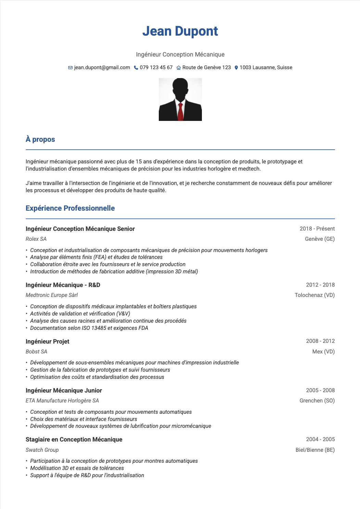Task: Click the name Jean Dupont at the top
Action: click(x=180, y=31)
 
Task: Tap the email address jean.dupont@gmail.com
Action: click(x=102, y=67)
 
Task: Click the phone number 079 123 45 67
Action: click(x=156, y=67)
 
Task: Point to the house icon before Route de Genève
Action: click(x=179, y=68)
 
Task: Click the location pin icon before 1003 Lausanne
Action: click(x=236, y=68)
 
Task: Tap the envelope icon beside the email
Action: click(x=70, y=68)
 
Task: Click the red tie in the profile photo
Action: click(x=180, y=112)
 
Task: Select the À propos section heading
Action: click(x=40, y=139)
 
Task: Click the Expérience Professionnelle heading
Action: click(x=70, y=208)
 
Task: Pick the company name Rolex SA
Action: click(x=36, y=239)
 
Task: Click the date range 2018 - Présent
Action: click(x=317, y=229)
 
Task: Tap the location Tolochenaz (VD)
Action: click(x=314, y=295)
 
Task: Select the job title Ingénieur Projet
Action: click(x=48, y=342)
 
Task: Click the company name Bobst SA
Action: click(x=36, y=352)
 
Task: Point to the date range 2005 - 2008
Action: click(x=320, y=390)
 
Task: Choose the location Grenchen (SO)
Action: click(x=317, y=401)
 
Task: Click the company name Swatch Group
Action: click(x=42, y=450)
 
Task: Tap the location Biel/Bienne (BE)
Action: click(x=315, y=450)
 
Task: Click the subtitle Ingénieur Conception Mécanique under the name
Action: click(x=180, y=54)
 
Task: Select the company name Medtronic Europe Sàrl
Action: click(x=52, y=295)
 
